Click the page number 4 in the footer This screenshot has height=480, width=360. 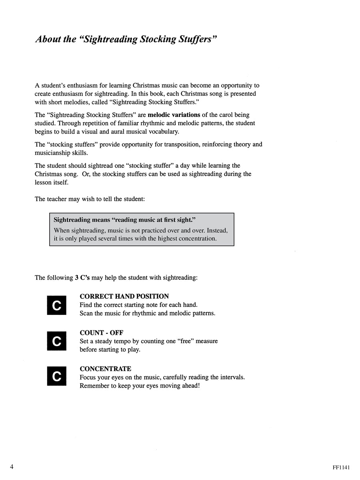(12, 467)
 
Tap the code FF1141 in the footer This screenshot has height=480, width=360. (341, 467)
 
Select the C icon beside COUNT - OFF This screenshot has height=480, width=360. (57, 341)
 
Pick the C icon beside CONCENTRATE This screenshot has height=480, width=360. (57, 377)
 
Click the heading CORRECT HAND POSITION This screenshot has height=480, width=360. (124, 296)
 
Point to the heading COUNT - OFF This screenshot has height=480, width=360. (101, 333)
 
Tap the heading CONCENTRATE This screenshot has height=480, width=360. (105, 369)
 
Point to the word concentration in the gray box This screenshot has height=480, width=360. (196, 239)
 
